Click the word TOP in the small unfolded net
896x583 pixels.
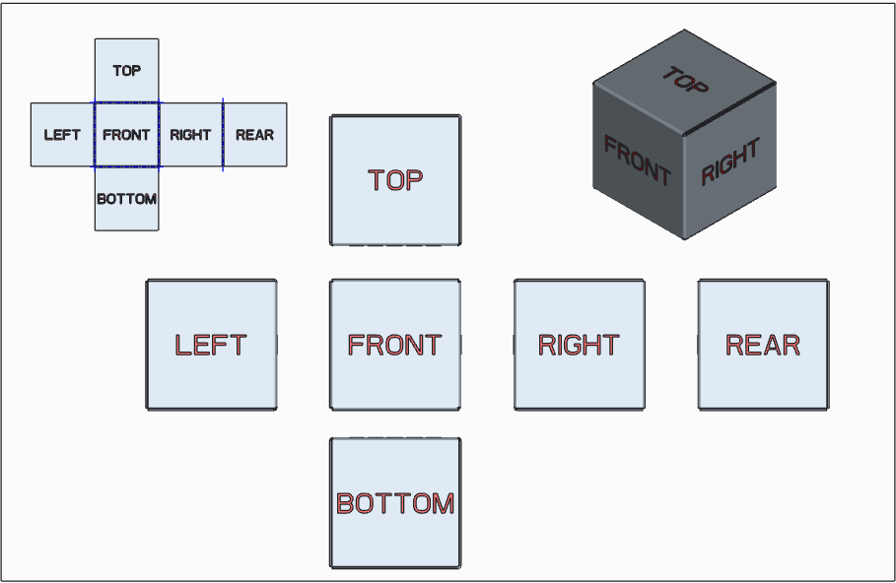pos(126,71)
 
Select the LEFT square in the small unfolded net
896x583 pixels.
pos(62,135)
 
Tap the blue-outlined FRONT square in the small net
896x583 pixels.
pos(126,135)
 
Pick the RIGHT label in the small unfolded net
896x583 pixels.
pos(190,135)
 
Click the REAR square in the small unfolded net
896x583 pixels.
pos(254,135)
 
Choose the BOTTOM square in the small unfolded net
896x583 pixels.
pos(126,199)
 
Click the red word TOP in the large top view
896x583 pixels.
pos(395,180)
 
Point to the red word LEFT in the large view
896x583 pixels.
pos(210,345)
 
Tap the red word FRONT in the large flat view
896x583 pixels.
pos(395,345)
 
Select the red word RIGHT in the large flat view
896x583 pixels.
pos(579,345)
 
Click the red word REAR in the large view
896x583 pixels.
pos(763,345)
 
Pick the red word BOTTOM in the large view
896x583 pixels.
pos(395,503)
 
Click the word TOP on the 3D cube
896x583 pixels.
pos(684,80)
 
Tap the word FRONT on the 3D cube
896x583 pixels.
pos(637,162)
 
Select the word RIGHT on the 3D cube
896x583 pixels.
pos(730,162)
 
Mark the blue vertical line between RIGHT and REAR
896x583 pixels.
pos(223,135)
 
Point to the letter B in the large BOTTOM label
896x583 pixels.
pos(345,503)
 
